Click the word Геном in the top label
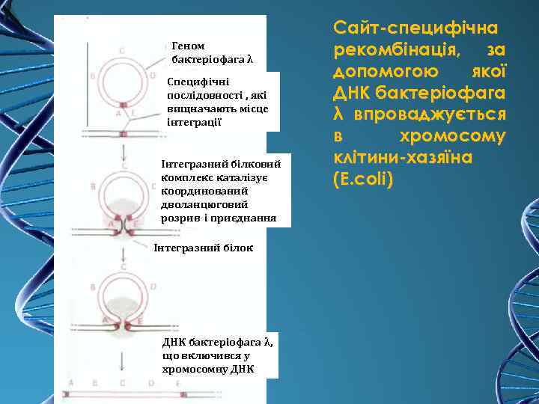pyautogui.click(x=188, y=46)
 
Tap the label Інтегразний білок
pyautogui.click(x=203, y=247)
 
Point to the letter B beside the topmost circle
pyautogui.click(x=92, y=76)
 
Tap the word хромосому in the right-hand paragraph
pyautogui.click(x=463, y=137)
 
